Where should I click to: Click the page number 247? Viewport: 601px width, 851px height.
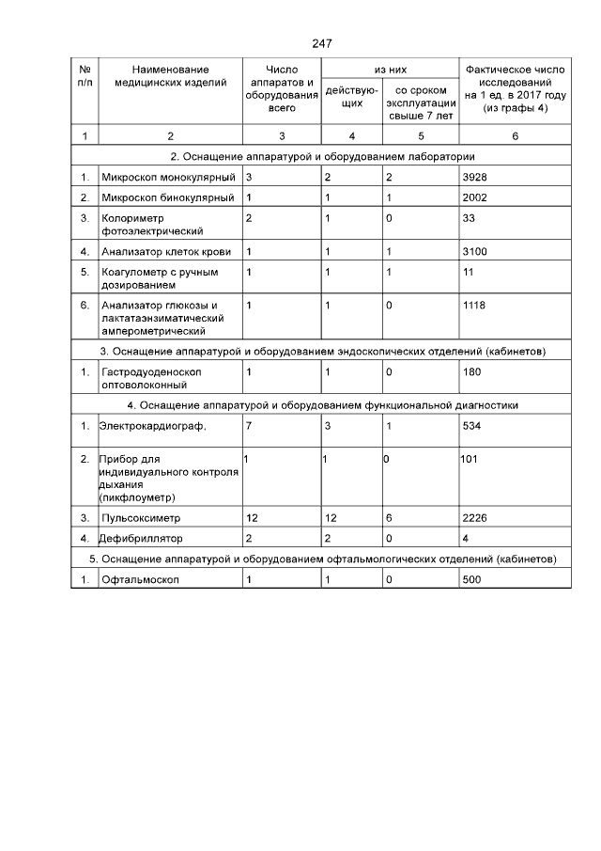click(x=322, y=44)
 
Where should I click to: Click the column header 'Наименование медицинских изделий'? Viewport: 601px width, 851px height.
click(x=170, y=76)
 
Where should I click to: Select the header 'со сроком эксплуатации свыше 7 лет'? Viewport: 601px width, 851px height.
click(x=420, y=102)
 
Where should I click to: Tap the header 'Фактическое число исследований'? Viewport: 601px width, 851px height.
click(x=515, y=89)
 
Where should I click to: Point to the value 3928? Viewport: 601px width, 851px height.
click(x=476, y=177)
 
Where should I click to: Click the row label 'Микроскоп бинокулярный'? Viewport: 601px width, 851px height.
click(x=167, y=197)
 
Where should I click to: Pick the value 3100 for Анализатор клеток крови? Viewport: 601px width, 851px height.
click(x=476, y=251)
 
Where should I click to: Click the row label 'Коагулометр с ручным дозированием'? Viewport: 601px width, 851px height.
click(x=159, y=278)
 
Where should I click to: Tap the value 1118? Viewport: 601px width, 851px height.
click(x=476, y=306)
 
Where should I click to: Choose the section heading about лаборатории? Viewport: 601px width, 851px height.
click(x=322, y=156)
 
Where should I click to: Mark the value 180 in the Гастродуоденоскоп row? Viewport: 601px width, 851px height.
click(x=472, y=372)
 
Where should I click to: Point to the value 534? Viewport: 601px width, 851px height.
click(x=472, y=426)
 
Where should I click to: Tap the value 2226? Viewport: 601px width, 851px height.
click(x=476, y=518)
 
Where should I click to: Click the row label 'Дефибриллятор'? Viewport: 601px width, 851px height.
click(x=141, y=539)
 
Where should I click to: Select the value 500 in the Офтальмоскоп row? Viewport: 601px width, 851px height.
click(x=473, y=580)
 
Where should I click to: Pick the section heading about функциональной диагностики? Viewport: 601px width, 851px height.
click(x=322, y=405)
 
